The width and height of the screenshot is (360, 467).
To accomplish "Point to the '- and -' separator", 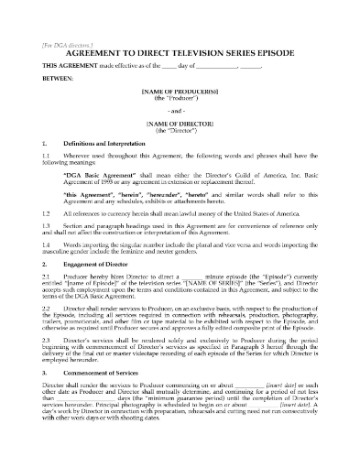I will [x=180, y=108].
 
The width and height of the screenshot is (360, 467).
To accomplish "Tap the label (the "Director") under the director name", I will [x=180, y=129].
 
